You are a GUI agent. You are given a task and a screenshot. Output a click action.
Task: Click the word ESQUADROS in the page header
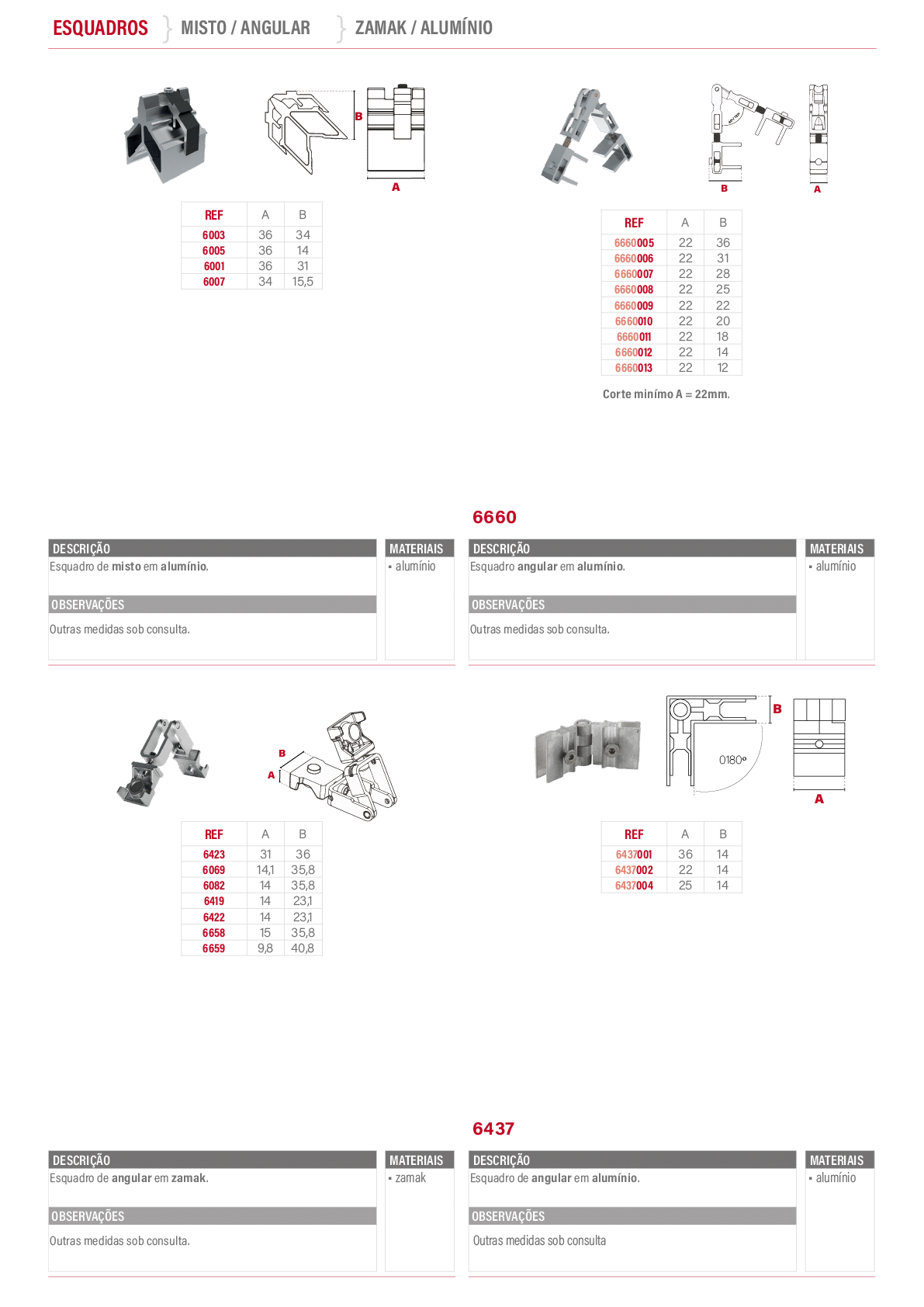[x=100, y=27]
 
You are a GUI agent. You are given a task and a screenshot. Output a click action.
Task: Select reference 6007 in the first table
[x=213, y=282]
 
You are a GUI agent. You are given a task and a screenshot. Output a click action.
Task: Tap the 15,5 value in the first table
[x=303, y=282]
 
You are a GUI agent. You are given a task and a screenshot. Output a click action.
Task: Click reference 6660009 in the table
[x=634, y=306]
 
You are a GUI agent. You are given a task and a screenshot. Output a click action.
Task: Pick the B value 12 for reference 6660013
[x=723, y=368]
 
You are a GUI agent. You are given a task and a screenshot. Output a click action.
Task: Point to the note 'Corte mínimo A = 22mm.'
[x=666, y=393]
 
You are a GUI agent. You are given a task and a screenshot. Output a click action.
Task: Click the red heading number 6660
[x=494, y=517]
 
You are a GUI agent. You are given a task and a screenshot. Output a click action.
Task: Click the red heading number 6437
[x=493, y=1128]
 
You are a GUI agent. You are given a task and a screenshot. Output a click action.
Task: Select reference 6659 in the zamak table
[x=213, y=948]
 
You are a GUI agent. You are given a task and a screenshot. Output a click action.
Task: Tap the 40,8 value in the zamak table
[x=303, y=948]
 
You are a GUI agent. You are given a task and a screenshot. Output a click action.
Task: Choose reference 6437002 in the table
[x=634, y=870]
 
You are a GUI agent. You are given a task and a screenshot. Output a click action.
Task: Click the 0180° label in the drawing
[x=732, y=760]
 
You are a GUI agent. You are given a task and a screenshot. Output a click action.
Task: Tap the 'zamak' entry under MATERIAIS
[x=410, y=1177]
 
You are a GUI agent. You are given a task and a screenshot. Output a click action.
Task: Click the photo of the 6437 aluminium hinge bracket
[x=588, y=750]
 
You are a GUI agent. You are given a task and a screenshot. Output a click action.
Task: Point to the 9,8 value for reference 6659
[x=265, y=948]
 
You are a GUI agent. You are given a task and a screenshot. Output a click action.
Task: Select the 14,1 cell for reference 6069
[x=265, y=870]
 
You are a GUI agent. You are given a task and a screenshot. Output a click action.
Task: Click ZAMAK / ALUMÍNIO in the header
[x=424, y=27]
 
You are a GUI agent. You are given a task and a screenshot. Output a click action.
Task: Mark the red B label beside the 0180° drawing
[x=777, y=709]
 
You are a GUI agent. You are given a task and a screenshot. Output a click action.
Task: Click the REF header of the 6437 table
[x=634, y=834]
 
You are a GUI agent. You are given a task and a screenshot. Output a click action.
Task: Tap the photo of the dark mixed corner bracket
[x=167, y=134]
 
